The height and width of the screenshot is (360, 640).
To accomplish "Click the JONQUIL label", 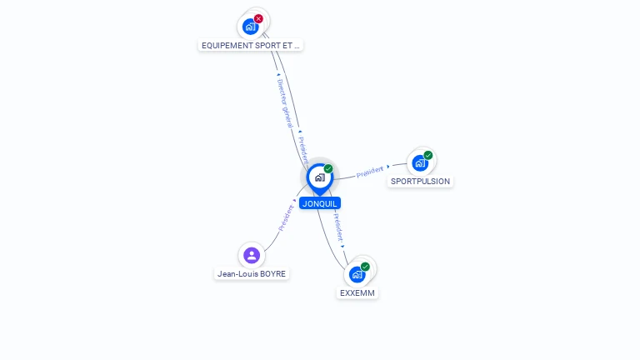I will click(320, 203).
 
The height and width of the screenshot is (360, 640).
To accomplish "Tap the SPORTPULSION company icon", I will click(419, 162).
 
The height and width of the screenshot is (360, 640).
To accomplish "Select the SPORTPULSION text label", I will click(420, 182).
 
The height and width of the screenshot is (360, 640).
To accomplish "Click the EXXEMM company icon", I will click(357, 274).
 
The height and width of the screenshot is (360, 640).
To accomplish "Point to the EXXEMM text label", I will click(358, 293).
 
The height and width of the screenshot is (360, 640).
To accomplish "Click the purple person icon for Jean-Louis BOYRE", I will click(252, 255).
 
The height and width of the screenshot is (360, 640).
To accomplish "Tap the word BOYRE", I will click(272, 274).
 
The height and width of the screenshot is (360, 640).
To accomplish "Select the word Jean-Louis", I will click(237, 274).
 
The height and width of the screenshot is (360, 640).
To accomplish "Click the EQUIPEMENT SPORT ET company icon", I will click(250, 26).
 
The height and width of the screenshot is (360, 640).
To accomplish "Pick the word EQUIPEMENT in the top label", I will click(226, 45).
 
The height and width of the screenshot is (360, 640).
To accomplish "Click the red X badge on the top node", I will click(258, 18).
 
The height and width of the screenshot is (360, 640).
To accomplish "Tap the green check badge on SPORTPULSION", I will click(428, 155).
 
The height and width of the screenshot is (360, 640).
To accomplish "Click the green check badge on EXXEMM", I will click(365, 267).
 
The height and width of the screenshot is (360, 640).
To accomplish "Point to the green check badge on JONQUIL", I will click(328, 169).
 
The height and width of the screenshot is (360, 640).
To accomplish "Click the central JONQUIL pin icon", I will click(319, 177).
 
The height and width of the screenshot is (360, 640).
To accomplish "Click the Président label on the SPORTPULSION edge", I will click(370, 172).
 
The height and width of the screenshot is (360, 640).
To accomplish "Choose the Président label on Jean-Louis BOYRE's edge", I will click(285, 218).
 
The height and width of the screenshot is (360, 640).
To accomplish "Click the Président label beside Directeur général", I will click(303, 148).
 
